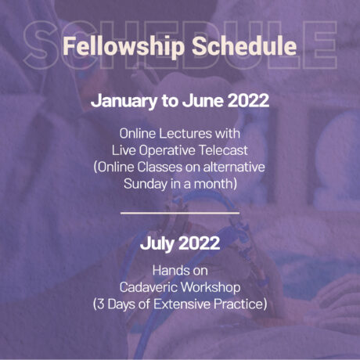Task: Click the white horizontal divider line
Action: pyautogui.click(x=180, y=212)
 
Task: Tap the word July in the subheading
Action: pyautogui.click(x=157, y=243)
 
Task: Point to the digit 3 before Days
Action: pyautogui.click(x=103, y=301)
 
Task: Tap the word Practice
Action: pyautogui.click(x=239, y=301)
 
